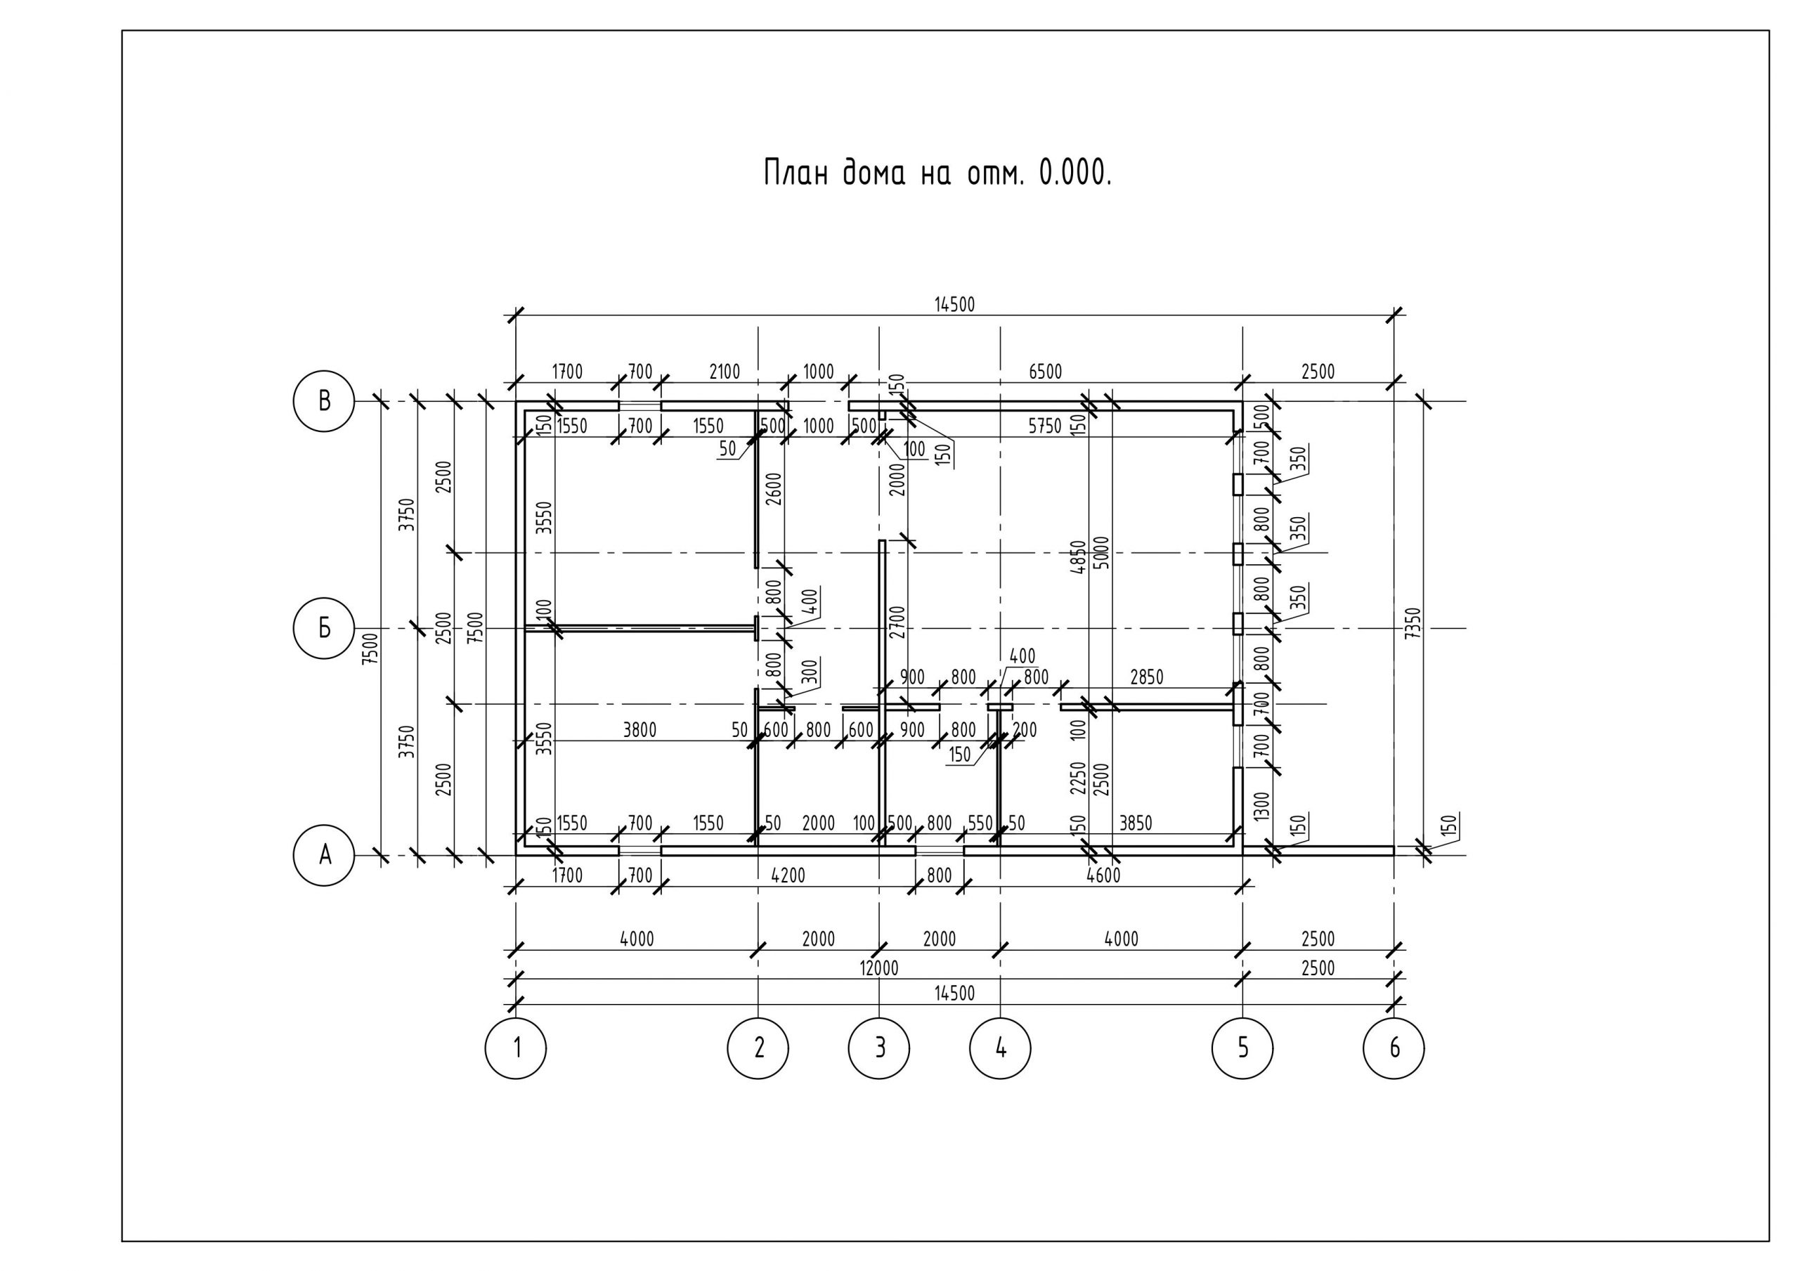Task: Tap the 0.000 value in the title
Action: tap(1074, 173)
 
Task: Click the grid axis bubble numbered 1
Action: tap(516, 1048)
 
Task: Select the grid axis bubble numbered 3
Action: tap(879, 1048)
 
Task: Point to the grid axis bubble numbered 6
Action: tap(1394, 1048)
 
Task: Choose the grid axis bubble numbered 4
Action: tap(1001, 1048)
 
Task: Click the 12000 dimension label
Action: tap(879, 968)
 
